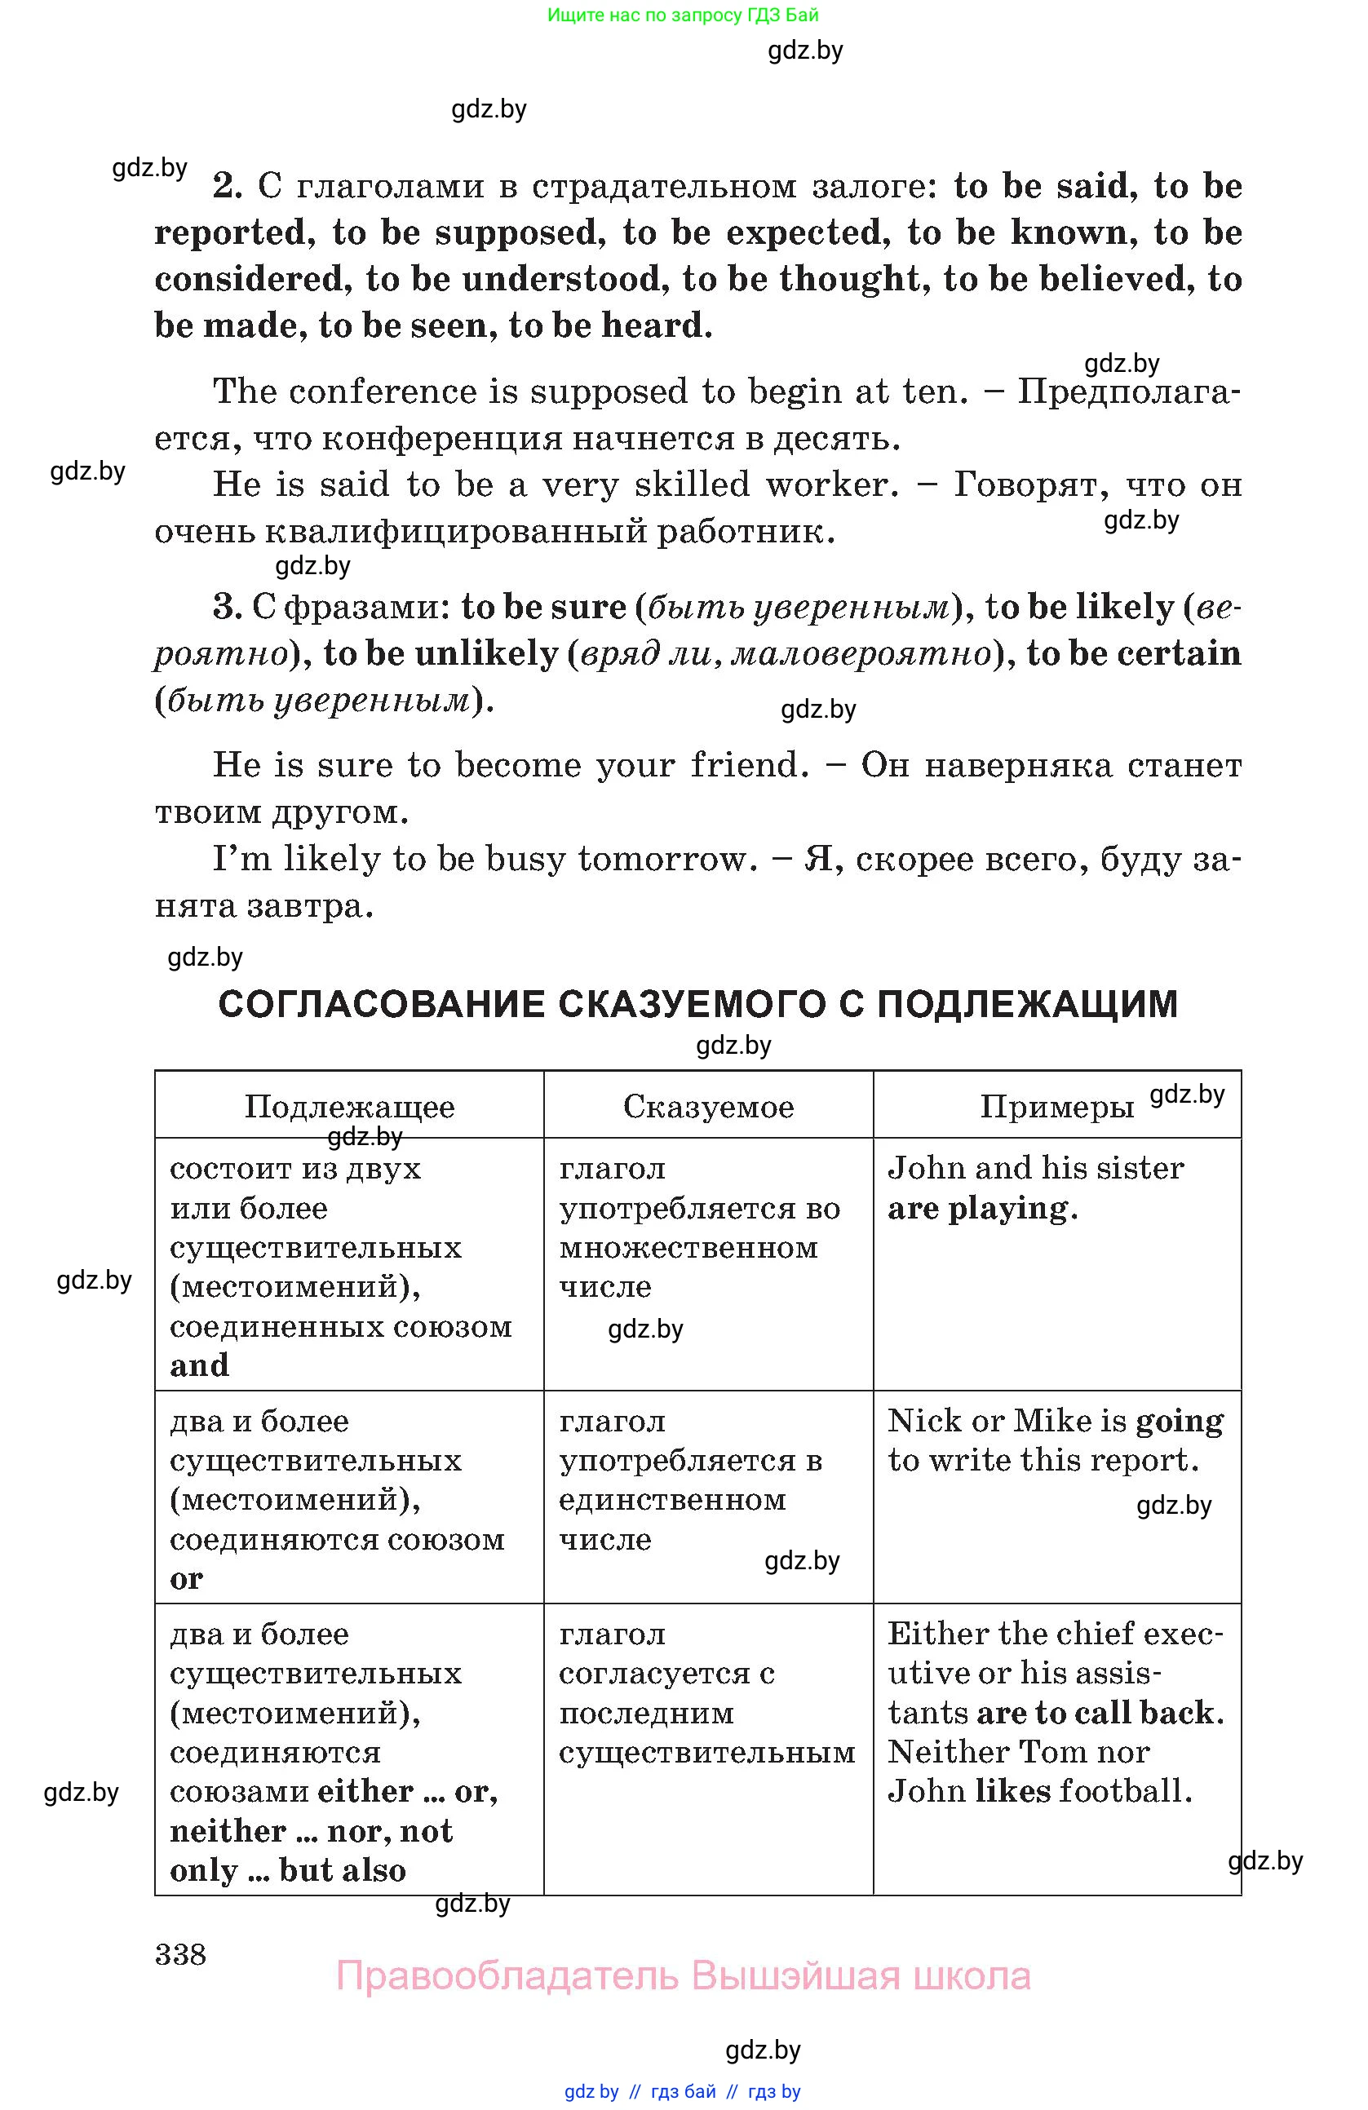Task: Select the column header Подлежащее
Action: [x=349, y=1107]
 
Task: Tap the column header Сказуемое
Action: [x=708, y=1107]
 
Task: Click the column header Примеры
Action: [x=1057, y=1107]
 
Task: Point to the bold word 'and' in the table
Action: [x=200, y=1365]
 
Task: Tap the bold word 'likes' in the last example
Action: [x=1012, y=1791]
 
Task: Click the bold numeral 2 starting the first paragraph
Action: [x=227, y=186]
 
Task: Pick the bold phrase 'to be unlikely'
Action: [x=441, y=653]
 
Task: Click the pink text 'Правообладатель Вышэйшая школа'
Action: [x=683, y=1976]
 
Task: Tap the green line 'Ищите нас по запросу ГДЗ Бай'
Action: [x=683, y=15]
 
